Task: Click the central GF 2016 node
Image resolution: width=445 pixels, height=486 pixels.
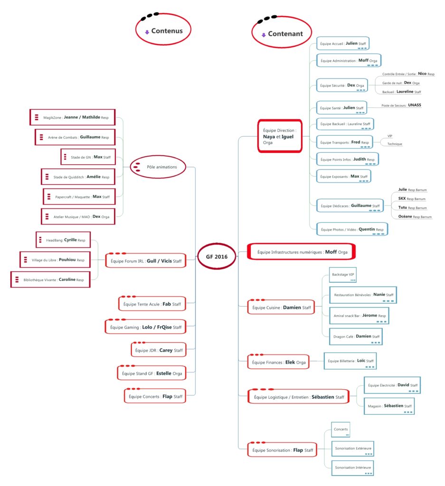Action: click(217, 256)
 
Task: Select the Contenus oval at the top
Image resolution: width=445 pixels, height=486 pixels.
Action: click(163, 29)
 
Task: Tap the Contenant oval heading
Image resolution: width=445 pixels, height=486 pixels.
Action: click(282, 32)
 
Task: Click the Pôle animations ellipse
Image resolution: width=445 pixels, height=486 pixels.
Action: click(158, 167)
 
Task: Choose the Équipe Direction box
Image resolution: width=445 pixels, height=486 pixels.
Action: click(280, 136)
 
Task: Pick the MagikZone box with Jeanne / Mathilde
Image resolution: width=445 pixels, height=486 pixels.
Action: click(73, 117)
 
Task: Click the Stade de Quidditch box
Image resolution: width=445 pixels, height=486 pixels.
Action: click(78, 177)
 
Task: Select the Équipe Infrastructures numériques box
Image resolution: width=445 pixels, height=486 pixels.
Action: click(301, 252)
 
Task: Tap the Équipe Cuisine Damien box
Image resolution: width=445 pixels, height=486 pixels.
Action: click(281, 307)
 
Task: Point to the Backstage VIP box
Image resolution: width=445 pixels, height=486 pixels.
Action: click(343, 275)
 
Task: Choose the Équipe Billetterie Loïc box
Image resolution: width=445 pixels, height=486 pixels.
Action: click(350, 361)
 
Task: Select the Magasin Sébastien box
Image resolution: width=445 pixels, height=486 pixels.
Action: click(389, 406)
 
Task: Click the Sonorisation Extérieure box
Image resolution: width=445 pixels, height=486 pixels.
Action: click(353, 449)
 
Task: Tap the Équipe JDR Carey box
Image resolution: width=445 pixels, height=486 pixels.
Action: click(159, 350)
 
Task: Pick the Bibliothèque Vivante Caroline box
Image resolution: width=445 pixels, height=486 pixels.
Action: click(50, 280)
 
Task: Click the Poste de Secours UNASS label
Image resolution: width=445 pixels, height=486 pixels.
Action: click(401, 105)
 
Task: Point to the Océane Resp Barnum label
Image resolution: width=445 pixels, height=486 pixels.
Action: click(415, 216)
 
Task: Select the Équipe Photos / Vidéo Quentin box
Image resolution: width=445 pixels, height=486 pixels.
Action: click(352, 229)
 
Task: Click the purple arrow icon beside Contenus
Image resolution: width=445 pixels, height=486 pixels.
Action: click(147, 32)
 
